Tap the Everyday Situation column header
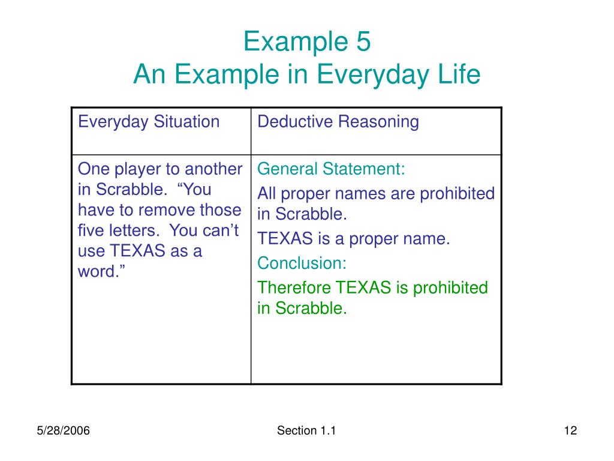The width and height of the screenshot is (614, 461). tap(149, 122)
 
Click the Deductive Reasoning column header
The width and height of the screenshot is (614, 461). tap(338, 122)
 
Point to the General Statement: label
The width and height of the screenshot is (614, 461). tap(332, 169)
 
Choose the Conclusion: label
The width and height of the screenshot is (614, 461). tap(302, 263)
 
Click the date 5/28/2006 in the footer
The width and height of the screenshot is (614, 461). tap(64, 430)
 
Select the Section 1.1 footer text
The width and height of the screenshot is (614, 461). tap(306, 430)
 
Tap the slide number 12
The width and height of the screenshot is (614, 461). tap(570, 430)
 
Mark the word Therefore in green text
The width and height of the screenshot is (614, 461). tap(294, 288)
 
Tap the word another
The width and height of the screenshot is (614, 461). tap(213, 169)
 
